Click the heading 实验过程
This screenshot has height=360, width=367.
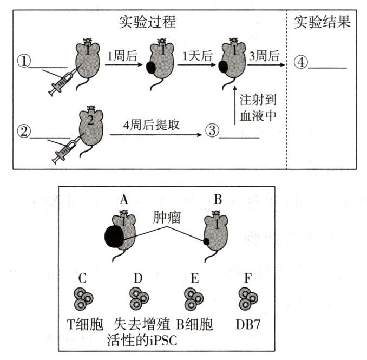point(148,22)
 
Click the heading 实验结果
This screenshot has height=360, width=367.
point(322,22)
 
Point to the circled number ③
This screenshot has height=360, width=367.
point(212,130)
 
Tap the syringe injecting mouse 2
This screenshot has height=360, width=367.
point(64,149)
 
